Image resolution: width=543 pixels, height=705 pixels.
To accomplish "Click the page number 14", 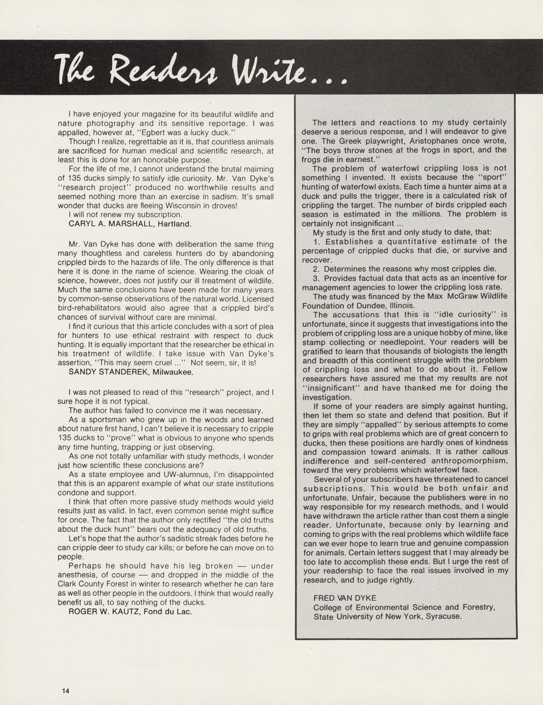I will point(65,691).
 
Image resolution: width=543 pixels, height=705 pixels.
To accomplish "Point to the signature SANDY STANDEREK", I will point(109,372).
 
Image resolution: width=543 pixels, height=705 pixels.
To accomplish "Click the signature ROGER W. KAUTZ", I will point(105,612).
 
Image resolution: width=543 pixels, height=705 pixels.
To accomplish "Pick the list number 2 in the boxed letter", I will point(316,269).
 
